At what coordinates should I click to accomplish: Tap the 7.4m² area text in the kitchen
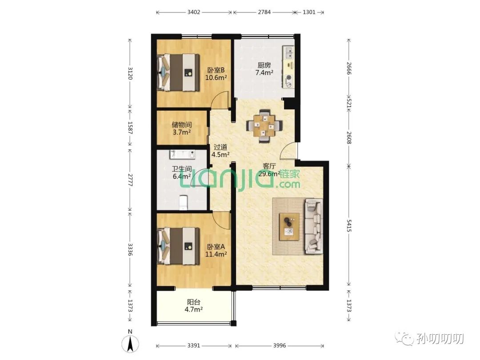(264, 72)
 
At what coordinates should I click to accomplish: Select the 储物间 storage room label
(182, 124)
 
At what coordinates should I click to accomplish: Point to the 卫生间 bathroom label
(182, 169)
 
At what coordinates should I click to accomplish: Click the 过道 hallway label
(220, 147)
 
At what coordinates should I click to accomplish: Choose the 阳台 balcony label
(194, 302)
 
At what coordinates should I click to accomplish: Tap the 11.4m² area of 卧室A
(216, 254)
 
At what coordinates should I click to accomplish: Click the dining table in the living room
(264, 126)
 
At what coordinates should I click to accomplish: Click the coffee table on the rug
(289, 227)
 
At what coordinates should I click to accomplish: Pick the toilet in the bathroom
(183, 202)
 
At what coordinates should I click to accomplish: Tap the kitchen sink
(288, 52)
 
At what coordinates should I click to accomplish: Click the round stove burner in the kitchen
(289, 78)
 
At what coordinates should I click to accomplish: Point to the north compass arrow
(130, 343)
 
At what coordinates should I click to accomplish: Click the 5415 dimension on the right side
(349, 225)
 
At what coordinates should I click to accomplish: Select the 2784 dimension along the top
(264, 12)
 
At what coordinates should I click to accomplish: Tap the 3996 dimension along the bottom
(280, 345)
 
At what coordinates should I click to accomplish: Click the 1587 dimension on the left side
(130, 128)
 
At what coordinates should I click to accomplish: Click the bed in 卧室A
(178, 246)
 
